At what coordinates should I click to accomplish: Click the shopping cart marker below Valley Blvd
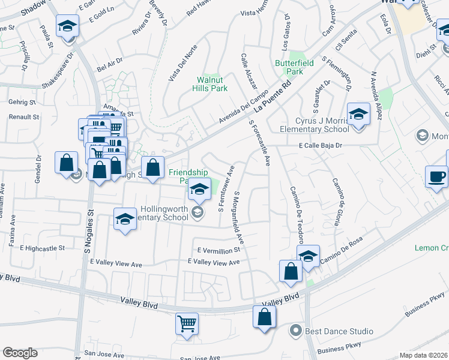coord(187,324)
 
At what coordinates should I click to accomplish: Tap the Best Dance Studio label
coord(339,331)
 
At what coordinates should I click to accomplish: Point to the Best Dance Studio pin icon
coord(295,331)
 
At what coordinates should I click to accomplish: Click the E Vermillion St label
coord(218,250)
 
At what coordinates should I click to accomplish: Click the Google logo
coord(20,353)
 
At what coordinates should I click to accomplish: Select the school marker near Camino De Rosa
coord(308,256)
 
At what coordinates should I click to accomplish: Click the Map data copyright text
coord(424,355)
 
